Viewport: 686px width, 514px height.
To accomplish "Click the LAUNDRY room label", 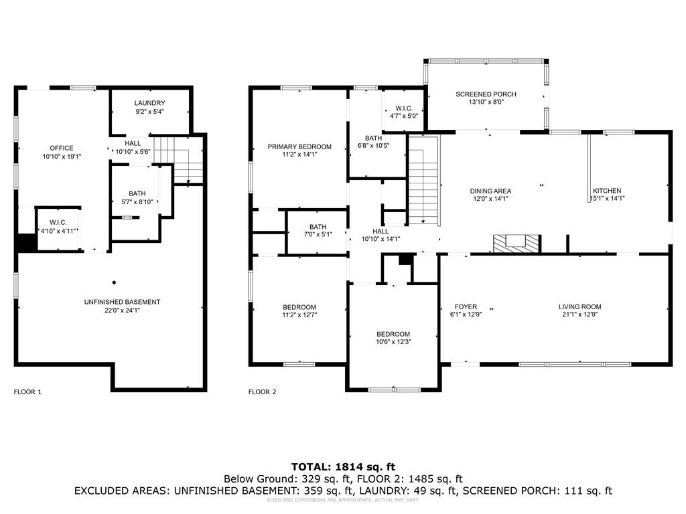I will click(x=149, y=103).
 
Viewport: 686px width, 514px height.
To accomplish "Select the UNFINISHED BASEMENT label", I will click(x=122, y=302).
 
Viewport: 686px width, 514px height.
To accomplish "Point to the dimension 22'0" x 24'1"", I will click(x=122, y=311).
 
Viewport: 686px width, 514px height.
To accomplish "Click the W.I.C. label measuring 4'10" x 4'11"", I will click(x=57, y=222).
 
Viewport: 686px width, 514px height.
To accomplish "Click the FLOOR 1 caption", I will click(x=27, y=392).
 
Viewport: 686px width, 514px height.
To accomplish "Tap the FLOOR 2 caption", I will click(x=262, y=392).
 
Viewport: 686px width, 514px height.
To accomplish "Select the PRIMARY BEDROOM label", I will click(x=299, y=147).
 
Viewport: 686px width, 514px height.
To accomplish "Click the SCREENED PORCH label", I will click(x=486, y=94).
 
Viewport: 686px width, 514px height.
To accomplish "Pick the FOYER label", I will click(x=466, y=307).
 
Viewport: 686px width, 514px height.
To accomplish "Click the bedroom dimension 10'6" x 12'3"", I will click(x=393, y=342).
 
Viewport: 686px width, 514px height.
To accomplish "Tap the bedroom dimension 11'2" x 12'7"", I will click(x=299, y=315).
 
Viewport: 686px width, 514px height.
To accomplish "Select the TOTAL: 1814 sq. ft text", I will click(x=343, y=466).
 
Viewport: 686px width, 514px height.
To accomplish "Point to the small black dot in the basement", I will click(x=114, y=282).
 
